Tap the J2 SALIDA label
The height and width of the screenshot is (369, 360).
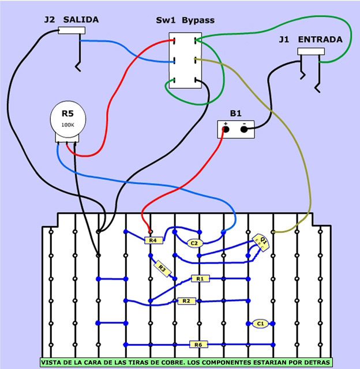(x=71, y=20)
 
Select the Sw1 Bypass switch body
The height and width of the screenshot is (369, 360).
(x=185, y=60)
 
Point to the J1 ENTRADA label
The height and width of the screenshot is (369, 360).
(x=310, y=40)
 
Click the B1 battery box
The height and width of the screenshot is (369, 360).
(x=236, y=129)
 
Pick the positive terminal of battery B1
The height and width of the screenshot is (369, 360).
(x=226, y=130)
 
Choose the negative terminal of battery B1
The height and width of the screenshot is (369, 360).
(x=245, y=130)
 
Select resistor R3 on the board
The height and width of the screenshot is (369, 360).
(x=162, y=268)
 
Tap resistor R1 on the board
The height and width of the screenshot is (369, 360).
(x=200, y=278)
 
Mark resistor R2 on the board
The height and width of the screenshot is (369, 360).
(x=185, y=301)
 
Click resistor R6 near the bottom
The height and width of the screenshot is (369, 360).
(x=198, y=345)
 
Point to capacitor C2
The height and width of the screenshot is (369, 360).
(x=194, y=243)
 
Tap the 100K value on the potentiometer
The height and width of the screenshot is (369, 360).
(x=68, y=125)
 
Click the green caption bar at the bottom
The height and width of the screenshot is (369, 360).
(x=186, y=363)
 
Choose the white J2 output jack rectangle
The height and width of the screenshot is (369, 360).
(x=72, y=30)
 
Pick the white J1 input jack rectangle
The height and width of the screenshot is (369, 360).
(x=311, y=51)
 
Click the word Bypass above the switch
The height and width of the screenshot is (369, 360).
(x=198, y=20)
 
